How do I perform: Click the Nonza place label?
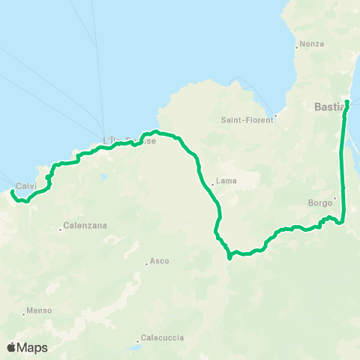pos(311,43)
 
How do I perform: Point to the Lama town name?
pos(226,181)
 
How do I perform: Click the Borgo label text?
pos(320,202)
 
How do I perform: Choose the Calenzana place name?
pos(85,225)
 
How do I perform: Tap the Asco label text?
pos(160,261)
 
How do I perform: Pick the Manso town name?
pos(38,310)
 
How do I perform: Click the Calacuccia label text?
pos(161,338)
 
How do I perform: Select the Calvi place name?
pos(26,186)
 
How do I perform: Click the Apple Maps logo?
pos(27,347)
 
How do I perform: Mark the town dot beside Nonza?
pos(297,47)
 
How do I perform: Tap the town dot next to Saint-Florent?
pos(275,115)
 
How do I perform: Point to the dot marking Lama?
pos(211,181)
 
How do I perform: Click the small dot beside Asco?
pos(146,264)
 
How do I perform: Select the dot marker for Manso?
pos(23,313)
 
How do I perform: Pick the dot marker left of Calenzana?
pos(60,229)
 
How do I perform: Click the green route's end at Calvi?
pos(12,192)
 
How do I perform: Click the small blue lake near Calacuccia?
pos(133,348)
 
